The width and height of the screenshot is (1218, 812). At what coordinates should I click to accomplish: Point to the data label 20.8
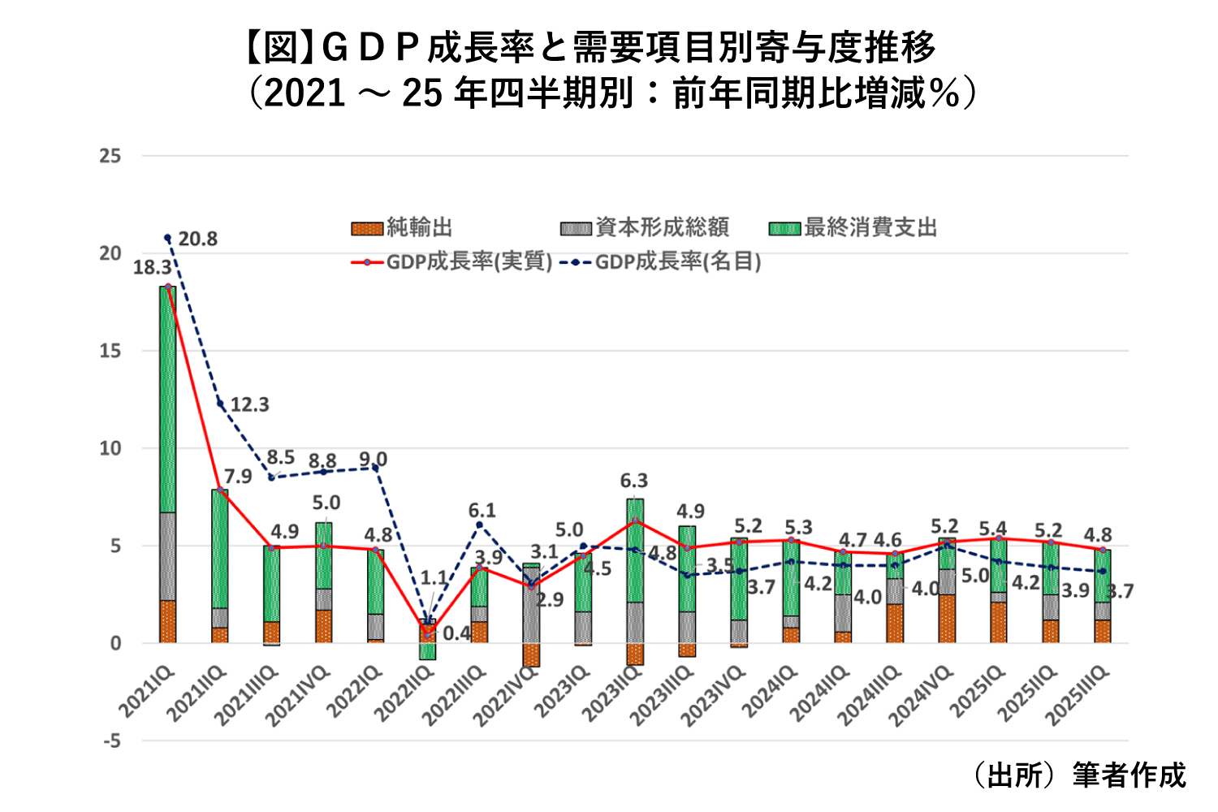pos(198,239)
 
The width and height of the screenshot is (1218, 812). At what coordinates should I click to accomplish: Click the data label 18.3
pos(152,267)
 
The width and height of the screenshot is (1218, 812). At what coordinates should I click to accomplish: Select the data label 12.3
pos(249,404)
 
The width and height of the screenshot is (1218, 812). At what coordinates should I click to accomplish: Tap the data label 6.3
pos(634,481)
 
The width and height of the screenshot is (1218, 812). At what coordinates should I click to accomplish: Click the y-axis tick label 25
pos(110,156)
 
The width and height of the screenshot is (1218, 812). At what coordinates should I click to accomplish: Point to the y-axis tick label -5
pos(110,741)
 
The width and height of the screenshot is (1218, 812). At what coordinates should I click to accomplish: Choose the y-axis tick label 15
pos(110,351)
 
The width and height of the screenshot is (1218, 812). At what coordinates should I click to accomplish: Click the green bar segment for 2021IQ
pos(168,398)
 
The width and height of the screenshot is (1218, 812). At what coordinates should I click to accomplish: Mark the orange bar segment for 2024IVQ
pos(947,619)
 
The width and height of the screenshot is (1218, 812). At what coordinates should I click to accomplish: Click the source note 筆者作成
pos(1128,775)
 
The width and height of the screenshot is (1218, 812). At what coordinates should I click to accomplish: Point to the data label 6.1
pos(482,511)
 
